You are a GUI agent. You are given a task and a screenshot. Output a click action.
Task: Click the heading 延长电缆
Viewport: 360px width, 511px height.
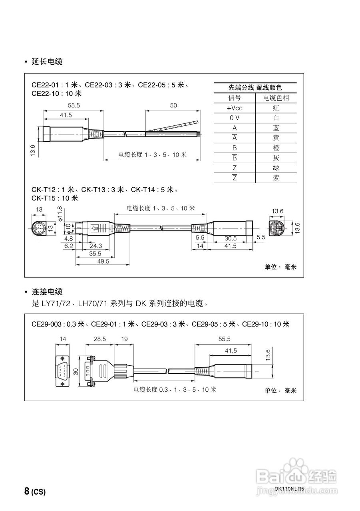coord(47,61)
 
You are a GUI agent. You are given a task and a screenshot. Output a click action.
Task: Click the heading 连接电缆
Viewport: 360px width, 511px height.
coord(47,292)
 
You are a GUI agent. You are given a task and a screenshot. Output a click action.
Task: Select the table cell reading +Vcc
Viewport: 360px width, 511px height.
coord(235,108)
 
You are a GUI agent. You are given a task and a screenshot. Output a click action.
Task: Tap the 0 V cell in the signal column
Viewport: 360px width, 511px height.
coord(235,118)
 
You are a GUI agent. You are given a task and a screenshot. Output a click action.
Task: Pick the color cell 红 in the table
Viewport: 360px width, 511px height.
coord(276,108)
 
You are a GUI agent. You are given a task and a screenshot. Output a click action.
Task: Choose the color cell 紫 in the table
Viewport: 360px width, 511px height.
coord(276,178)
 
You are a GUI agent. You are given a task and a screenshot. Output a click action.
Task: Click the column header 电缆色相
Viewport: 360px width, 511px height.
coord(276,98)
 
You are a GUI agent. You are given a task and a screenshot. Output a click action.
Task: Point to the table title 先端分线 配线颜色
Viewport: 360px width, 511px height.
coord(255,87)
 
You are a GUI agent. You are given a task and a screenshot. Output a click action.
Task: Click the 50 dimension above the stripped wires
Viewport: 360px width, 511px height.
coord(173,105)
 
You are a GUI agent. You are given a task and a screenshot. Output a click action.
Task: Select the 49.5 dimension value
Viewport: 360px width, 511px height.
coord(103,261)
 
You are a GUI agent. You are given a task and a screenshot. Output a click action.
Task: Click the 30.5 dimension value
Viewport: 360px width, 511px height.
coord(231,238)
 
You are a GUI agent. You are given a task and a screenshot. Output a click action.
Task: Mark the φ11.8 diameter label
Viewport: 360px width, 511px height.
coord(60,214)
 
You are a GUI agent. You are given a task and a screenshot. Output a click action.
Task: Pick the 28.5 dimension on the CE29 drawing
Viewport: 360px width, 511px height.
coord(99,339)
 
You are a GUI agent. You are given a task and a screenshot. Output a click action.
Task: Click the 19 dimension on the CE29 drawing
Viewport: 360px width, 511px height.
coord(124,339)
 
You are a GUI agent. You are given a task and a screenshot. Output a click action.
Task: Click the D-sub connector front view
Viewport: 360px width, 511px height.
coord(62,370)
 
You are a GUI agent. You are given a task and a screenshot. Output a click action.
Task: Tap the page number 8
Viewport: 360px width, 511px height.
coord(26,491)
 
